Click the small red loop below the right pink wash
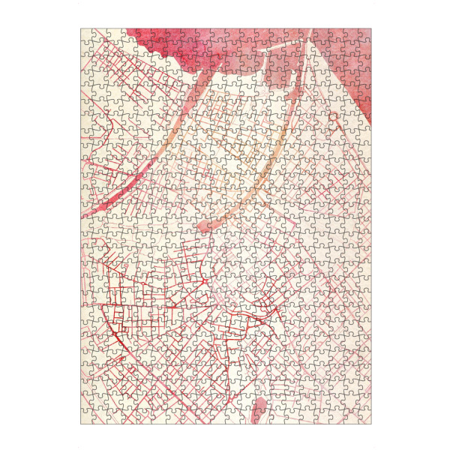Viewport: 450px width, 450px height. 332,118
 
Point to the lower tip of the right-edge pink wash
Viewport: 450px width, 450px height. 367,120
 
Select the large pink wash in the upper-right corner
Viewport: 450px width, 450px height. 330,60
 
